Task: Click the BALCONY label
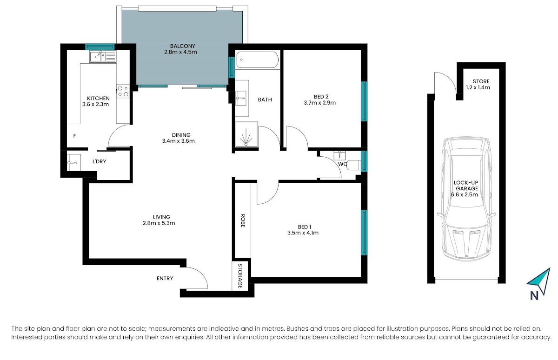point(183,46)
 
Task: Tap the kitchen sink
point(103,57)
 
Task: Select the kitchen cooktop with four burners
point(123,91)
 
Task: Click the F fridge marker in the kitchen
point(74,136)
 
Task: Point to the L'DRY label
point(100,161)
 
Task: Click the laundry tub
point(74,162)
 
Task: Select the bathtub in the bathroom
point(257,60)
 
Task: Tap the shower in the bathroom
point(246,134)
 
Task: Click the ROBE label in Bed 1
point(243,220)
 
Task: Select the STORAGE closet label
point(240,276)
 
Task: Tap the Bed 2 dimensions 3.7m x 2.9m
point(319,103)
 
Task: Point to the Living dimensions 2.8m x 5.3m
point(159,223)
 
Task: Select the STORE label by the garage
point(481,81)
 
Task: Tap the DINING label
point(181,135)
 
